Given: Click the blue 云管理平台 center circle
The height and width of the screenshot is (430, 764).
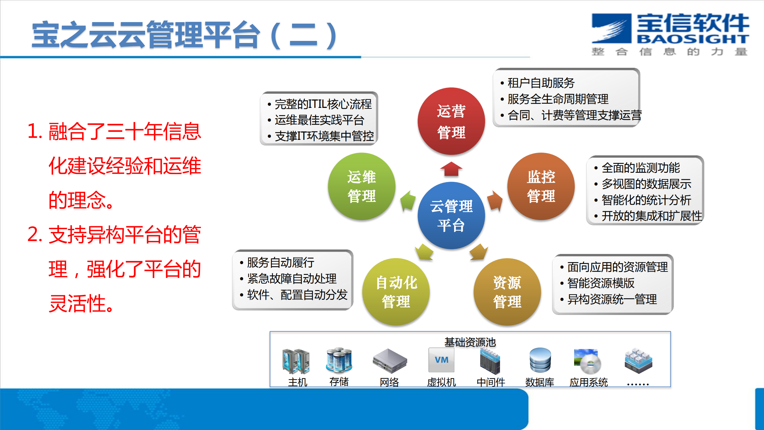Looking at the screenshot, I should coord(451,215).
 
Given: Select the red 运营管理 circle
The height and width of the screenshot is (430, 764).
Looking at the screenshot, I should coord(451,121).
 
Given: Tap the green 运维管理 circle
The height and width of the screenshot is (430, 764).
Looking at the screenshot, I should coord(362,186).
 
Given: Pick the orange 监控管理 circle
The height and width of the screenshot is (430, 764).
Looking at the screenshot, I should coord(541,186).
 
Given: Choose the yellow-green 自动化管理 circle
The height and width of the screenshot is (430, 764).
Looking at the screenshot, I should coord(396,292).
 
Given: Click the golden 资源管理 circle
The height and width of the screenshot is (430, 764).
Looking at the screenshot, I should coord(507,292).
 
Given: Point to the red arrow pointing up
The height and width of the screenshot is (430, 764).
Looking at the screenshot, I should coord(451,169).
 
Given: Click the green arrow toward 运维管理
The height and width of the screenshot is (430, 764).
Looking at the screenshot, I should coord(408,201).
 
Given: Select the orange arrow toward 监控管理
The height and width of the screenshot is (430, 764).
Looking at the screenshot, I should coord(495,201).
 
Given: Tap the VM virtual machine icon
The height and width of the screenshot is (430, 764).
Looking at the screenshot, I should coord(441,360).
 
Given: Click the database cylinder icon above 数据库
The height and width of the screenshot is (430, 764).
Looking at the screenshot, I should coord(540,360).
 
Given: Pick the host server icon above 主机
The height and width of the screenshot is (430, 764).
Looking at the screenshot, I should coord(296,361).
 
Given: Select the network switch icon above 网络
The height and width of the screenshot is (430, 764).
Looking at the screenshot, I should coord(390,361).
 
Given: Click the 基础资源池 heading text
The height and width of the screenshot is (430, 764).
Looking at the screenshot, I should coord(470,342).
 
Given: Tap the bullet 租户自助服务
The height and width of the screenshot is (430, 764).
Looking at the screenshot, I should coord(541,83).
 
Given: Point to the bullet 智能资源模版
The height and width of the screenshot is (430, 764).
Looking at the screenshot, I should coord(601,283).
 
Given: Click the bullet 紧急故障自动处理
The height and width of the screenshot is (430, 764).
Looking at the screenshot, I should coord(292,278).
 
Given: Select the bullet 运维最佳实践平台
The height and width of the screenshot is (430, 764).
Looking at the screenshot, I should coord(319,120).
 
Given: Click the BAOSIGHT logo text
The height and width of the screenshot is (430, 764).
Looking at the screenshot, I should coord(693,39).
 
